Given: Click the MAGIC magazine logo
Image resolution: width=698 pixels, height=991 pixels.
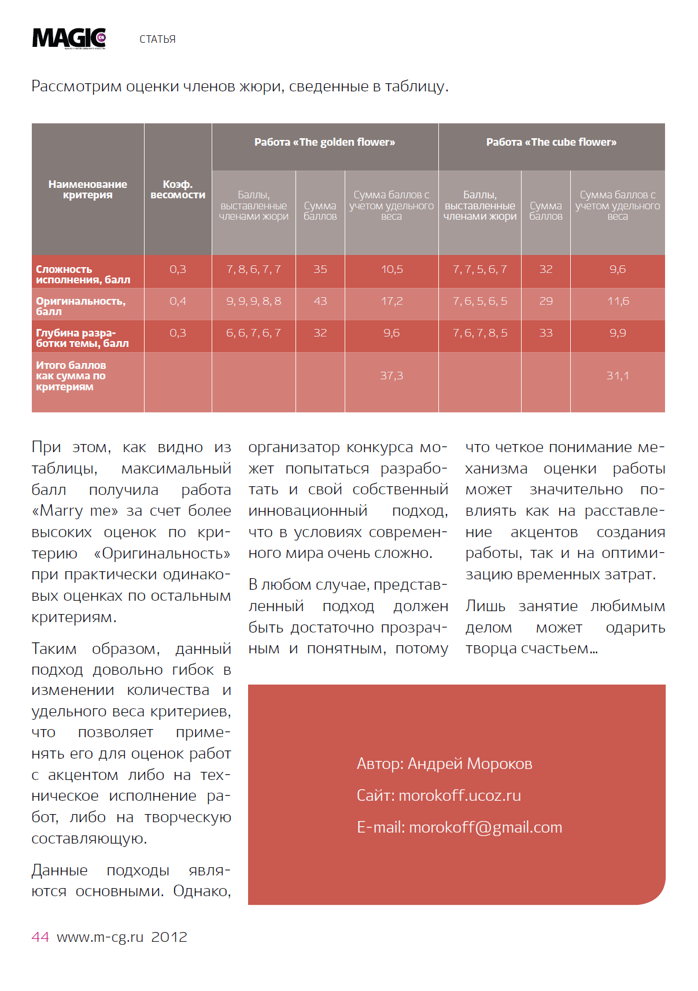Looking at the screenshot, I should coord(69,38).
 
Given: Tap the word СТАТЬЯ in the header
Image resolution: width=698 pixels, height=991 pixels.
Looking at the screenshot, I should coord(157,39).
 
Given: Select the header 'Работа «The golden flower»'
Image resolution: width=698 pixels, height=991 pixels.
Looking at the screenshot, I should coord(324,142).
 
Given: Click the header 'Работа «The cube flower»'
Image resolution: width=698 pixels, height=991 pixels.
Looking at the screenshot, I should coord(551,142).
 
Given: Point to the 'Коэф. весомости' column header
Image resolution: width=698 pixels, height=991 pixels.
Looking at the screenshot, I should coord(178,190).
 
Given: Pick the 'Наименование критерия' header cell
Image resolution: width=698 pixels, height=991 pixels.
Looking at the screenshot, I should coord(87,190).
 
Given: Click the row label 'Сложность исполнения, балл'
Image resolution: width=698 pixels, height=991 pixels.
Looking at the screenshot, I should coord(83,275).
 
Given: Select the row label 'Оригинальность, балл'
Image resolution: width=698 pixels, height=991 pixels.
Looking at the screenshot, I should coord(80,306).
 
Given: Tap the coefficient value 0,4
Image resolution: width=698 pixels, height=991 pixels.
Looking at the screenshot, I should coord(178,301).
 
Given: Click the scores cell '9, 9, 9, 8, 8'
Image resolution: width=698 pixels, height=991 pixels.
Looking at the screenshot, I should coord(253,301).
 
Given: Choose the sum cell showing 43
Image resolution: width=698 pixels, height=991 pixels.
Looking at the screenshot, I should coord(320,301).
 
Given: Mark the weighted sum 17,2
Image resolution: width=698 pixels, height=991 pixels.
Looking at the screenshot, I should coord(392,301).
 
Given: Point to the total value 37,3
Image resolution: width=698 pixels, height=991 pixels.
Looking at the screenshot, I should coord(392,376).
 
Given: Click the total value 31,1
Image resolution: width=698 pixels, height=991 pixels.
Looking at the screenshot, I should coord(618,376).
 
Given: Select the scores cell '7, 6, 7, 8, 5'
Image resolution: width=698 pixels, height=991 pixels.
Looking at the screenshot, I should coord(479,333).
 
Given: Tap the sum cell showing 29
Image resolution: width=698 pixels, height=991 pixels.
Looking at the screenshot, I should coord(545,301).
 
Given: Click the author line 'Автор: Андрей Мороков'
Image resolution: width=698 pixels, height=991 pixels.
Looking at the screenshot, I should coord(444,764).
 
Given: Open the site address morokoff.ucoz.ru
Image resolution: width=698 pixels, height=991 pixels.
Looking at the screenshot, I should coord(460,796).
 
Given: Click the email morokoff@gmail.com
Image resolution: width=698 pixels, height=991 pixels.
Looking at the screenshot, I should coord(485,827).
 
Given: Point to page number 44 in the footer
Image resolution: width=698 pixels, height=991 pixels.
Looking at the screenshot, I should coord(40,937).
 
